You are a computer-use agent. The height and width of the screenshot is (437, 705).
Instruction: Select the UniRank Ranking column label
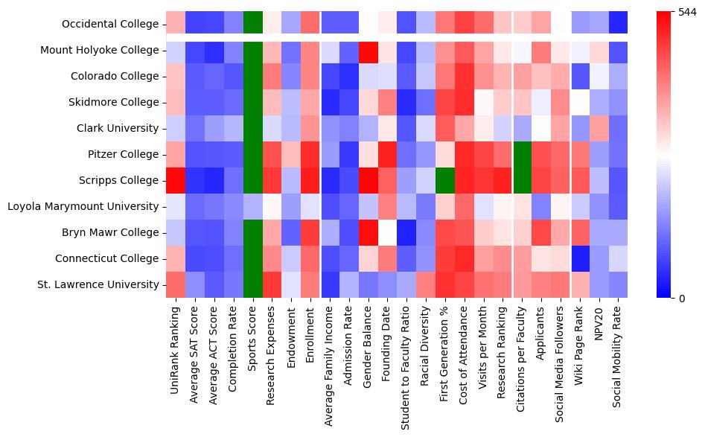[x=176, y=342]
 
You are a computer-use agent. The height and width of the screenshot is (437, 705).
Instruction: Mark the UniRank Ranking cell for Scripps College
[x=176, y=181]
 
